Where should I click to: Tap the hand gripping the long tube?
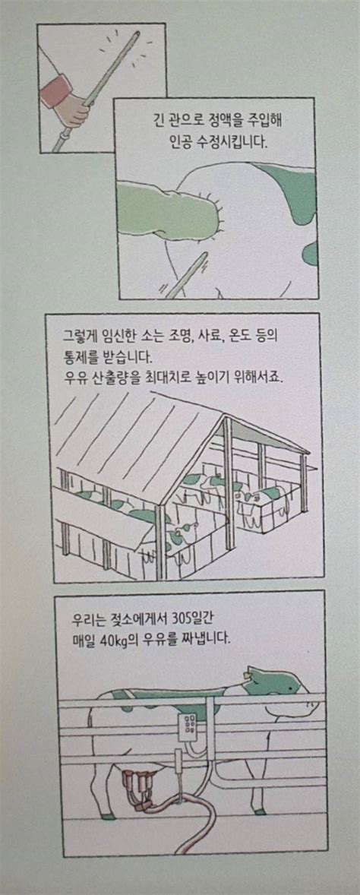(x=77, y=113)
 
